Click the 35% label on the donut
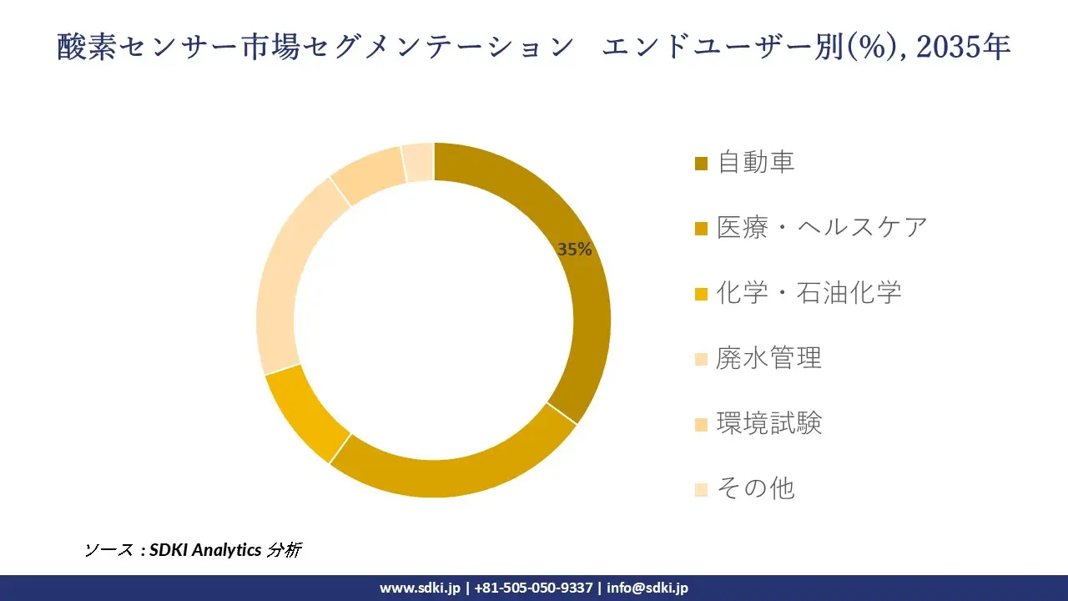coord(575,249)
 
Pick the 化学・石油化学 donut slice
coord(305,413)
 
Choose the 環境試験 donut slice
coord(367,174)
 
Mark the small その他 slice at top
coord(418,162)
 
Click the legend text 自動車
coord(756,162)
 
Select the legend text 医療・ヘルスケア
coord(822,227)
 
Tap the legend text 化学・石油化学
coord(809,292)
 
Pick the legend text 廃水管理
coord(769,357)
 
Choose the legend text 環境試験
coord(769,423)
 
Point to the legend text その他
coord(756,488)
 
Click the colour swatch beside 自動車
coord(701,163)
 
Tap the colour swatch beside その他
coord(701,489)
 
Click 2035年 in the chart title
coord(963,48)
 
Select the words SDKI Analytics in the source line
coord(205,550)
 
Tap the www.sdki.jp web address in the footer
coord(420,588)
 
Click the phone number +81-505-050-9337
coord(533,588)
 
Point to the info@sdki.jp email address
coord(647,588)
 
